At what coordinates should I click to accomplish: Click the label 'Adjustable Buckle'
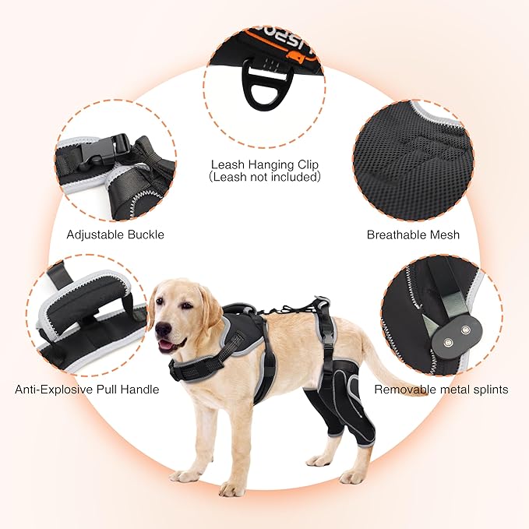tap(115, 234)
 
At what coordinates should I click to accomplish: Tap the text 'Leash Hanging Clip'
tap(264, 164)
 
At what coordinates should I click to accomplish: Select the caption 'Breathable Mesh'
tap(413, 234)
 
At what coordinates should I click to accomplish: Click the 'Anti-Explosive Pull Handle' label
tap(86, 388)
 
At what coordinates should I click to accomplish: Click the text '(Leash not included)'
tap(264, 177)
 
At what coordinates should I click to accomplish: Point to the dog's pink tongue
tap(164, 345)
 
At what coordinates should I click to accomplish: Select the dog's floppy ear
tap(209, 308)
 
